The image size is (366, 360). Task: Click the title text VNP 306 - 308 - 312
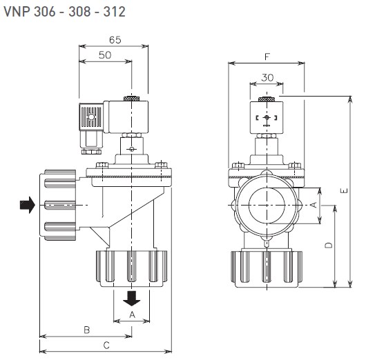coord(65,12)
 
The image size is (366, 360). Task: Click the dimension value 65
coord(115,40)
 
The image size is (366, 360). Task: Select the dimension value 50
coord(105,55)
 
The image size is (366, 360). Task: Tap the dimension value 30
coord(267,78)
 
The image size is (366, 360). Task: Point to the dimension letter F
coord(267,57)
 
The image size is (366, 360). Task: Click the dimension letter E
coord(344,190)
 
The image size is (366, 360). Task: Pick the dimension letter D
coord(329,245)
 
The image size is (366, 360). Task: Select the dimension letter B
coord(87,330)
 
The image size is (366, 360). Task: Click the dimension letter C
coord(106,346)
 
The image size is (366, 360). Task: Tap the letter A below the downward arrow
coord(133,314)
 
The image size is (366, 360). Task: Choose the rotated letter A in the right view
coord(314,205)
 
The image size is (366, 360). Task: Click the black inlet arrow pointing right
coord(28,205)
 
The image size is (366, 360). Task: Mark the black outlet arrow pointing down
coord(132,298)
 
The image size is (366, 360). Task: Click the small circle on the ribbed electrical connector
coord(91,117)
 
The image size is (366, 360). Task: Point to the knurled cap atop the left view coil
coord(132,99)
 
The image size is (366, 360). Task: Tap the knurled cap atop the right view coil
coord(267,99)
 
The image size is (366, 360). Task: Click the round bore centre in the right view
coord(267,206)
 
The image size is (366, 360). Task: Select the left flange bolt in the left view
coord(102,165)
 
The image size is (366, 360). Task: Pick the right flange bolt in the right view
coord(295,166)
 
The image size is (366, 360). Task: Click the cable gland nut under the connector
coord(91,152)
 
